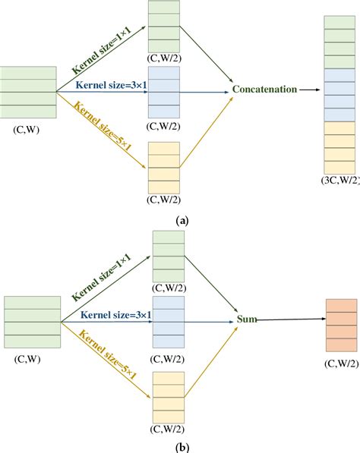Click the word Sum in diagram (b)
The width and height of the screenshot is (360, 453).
[247, 320]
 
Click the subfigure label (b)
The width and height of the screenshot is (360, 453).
[180, 445]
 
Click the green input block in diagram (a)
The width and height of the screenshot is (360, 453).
[28, 93]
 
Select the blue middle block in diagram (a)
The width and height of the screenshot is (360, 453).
[165, 90]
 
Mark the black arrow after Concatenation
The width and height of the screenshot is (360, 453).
[307, 90]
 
